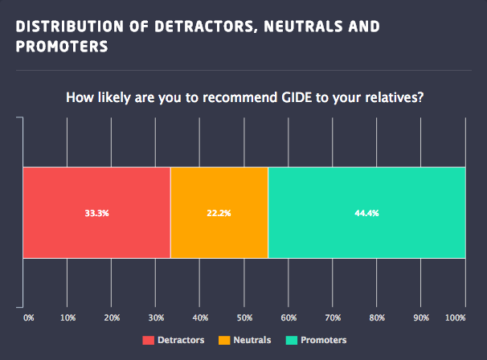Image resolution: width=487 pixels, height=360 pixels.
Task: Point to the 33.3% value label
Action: [x=97, y=214]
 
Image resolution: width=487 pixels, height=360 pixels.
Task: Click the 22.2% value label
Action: [x=219, y=214]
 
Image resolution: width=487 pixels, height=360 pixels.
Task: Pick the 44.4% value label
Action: [x=366, y=214]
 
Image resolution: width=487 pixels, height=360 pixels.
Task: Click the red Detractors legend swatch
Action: [x=148, y=340]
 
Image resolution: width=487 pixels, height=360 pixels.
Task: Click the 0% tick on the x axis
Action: [x=29, y=318]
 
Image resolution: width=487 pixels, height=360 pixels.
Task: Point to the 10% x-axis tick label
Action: [x=68, y=318]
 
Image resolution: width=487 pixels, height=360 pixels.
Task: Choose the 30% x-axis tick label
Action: [x=156, y=318]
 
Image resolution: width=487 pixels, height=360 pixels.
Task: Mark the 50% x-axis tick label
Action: [x=243, y=318]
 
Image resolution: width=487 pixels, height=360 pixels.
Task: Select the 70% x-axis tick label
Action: [x=332, y=318]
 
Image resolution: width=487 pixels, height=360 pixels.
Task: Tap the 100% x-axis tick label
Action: [x=455, y=318]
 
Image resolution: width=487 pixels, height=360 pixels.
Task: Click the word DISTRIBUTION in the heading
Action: [x=66, y=27]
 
